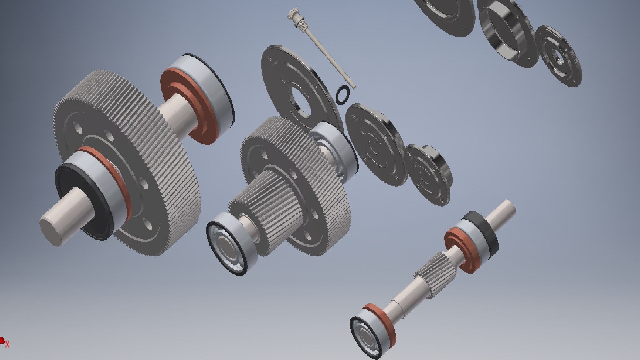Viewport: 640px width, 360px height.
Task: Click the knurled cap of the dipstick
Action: (293, 15)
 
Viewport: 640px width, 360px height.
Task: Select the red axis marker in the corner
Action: (3, 341)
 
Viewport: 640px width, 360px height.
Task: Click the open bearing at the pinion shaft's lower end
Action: (367, 337)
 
